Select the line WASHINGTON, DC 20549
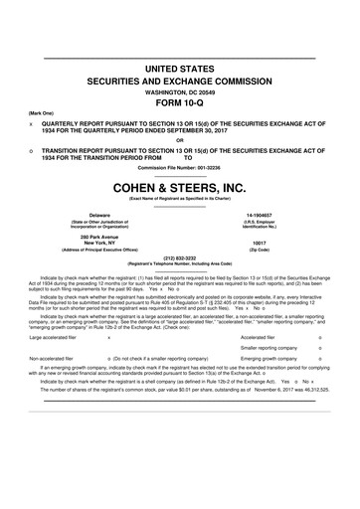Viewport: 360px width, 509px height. click(180, 86)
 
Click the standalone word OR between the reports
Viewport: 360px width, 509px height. click(179, 138)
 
